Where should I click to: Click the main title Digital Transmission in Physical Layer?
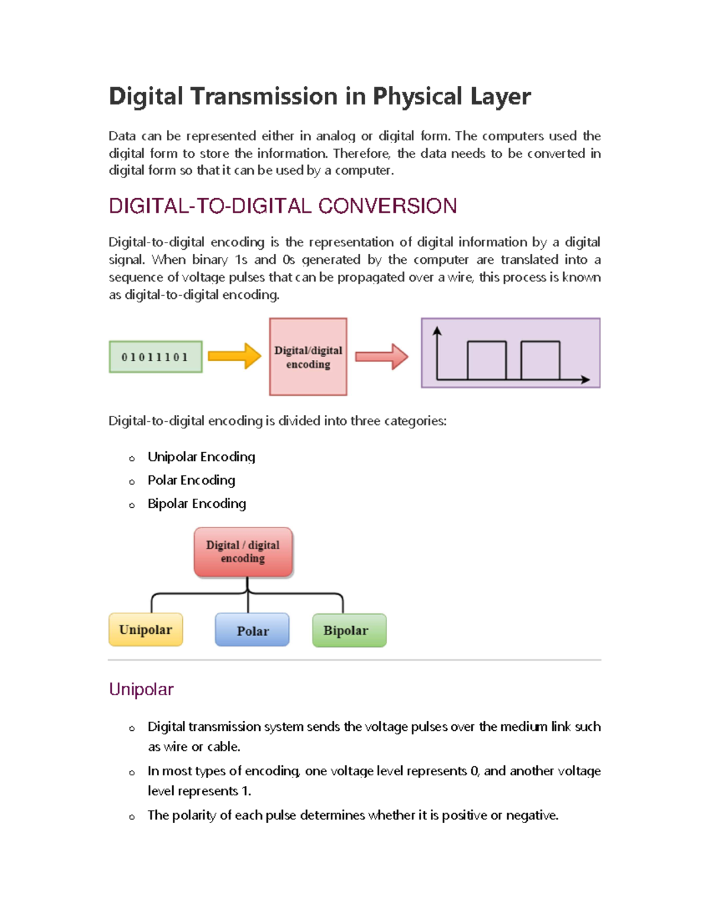319,96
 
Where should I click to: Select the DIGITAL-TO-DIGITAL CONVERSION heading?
283,206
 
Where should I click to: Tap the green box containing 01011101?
156,357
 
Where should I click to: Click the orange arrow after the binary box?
235,356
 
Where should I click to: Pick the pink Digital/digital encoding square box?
308,357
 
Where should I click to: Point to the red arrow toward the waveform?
382,357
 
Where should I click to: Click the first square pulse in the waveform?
487,360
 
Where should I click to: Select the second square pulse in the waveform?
540,360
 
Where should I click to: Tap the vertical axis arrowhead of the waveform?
437,331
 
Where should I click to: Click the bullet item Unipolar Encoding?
201,457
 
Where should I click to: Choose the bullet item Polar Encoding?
191,480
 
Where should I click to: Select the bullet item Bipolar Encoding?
196,504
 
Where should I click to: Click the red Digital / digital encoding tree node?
243,552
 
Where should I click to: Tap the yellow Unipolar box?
146,630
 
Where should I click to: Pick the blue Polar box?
253,631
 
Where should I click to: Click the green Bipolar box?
349,631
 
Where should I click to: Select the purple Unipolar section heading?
141,689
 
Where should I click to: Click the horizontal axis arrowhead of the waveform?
585,379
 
